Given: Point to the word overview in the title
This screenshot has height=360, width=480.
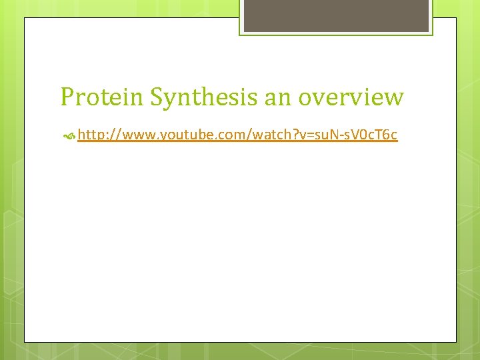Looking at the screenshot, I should click(351, 97).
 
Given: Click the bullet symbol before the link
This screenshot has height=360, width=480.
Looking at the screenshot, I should click(68, 136).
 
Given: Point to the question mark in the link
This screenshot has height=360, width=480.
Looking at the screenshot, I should click(291, 135).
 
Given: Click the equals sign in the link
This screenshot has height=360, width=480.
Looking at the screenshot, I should click(306, 136).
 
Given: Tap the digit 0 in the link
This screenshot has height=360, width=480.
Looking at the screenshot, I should click(362, 135).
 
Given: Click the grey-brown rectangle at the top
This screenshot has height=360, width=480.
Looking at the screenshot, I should click(335, 15).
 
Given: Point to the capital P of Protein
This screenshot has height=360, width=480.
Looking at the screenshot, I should click(67, 97).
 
